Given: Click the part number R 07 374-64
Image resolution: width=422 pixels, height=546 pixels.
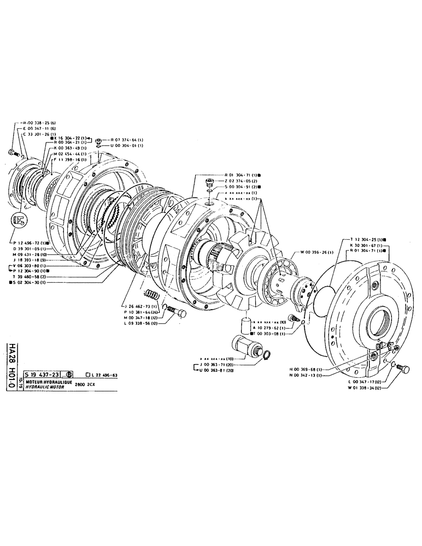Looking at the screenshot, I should (126, 140).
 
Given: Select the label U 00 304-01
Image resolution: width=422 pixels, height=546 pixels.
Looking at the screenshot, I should (126, 146).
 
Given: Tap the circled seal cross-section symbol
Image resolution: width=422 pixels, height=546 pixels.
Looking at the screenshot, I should (18, 222).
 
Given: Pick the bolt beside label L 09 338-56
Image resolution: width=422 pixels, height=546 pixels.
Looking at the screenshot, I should (177, 312).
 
